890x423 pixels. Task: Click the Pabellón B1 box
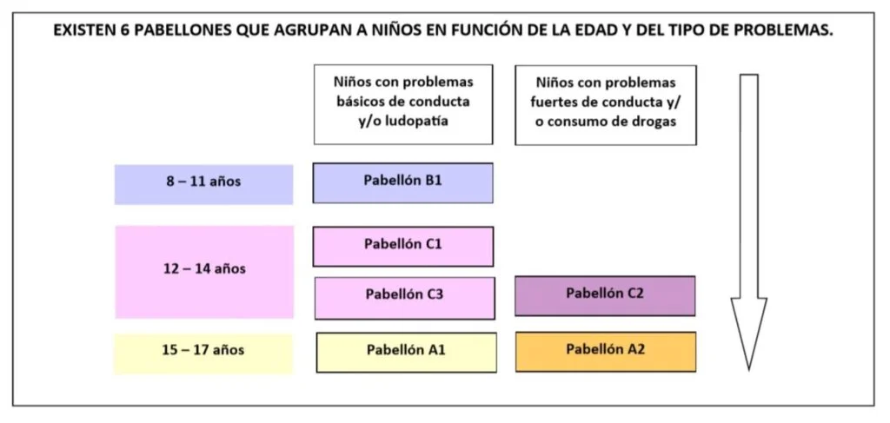click(x=402, y=182)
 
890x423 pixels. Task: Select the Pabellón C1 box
click(x=403, y=246)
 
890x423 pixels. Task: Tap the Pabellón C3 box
click(x=405, y=298)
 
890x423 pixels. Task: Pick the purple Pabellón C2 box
click(x=605, y=295)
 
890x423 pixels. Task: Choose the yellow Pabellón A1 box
click(x=407, y=352)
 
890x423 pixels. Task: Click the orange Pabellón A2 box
click(x=606, y=352)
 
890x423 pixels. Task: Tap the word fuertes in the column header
click(x=554, y=102)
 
